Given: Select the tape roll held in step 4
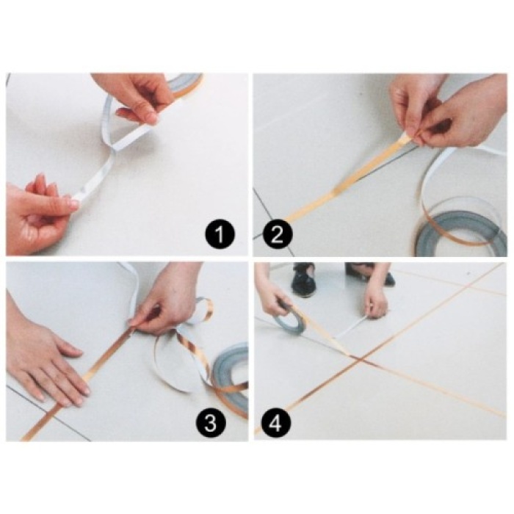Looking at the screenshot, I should pos(289,322).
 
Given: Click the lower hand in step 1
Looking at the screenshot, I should pos(37,217).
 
